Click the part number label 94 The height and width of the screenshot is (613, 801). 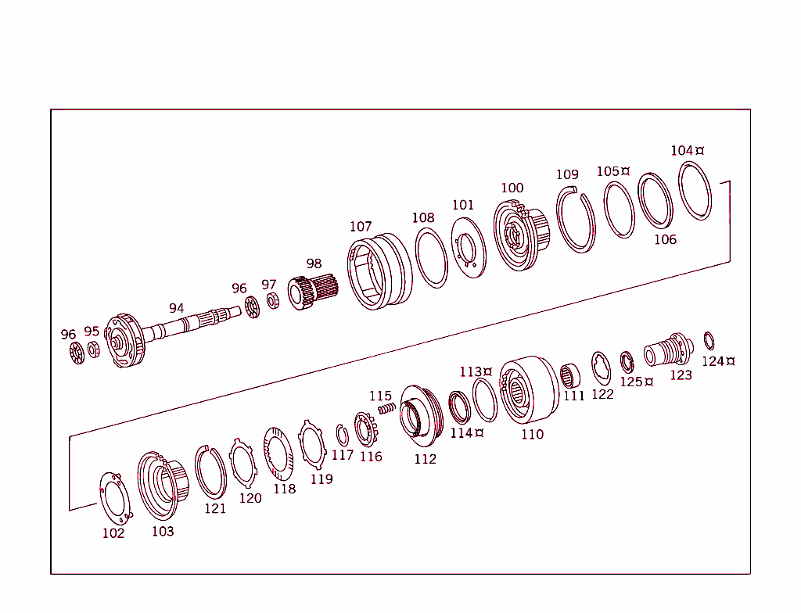pos(176,308)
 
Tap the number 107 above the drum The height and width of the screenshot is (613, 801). pos(361,227)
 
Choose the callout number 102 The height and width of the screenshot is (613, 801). pos(113,533)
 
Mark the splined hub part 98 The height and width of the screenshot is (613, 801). pos(312,293)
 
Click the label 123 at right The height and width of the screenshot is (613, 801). pos(681,375)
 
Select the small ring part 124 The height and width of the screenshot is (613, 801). pos(709,341)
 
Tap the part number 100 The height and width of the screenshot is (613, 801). pos(512,188)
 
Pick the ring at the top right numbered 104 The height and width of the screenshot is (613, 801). pos(695,191)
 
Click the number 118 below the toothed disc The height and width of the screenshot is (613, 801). pos(284,489)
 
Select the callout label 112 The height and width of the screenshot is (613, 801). pos(425,459)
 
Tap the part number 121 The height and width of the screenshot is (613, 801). pos(215,508)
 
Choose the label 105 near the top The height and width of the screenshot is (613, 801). pos(609,171)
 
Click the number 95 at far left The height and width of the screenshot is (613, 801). pos(92,331)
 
